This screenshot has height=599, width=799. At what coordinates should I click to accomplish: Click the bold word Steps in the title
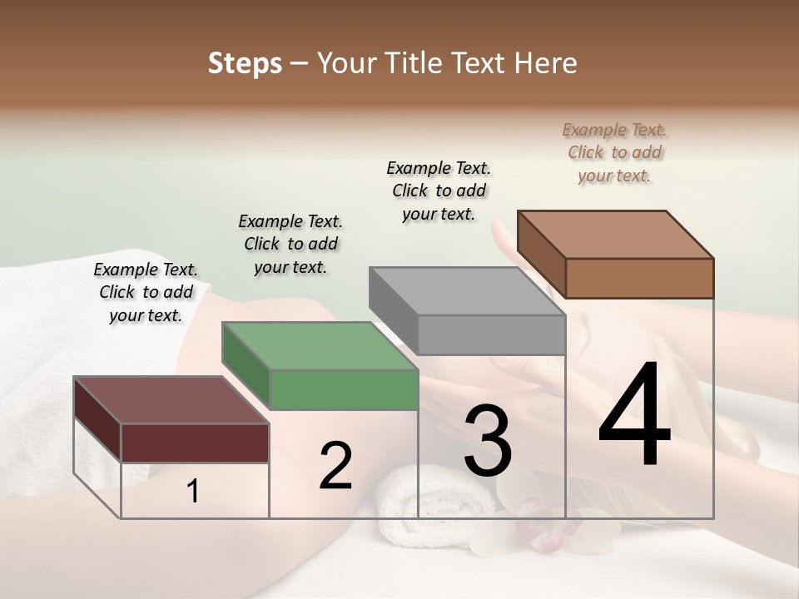tap(245, 63)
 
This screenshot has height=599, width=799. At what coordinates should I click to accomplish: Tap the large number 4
tap(634, 416)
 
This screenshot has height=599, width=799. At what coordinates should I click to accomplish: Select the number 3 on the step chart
tap(488, 442)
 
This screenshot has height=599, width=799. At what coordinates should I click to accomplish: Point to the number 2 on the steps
tap(335, 466)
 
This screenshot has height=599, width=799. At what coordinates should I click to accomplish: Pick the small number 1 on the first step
tap(192, 492)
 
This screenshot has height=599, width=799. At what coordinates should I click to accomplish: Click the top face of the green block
tap(320, 345)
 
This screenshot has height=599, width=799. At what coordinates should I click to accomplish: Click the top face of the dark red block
tap(171, 400)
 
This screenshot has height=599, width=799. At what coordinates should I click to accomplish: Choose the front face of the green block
tap(344, 390)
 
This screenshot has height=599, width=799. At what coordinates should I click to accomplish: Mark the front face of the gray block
tap(491, 335)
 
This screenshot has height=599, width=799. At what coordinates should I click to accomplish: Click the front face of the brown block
tap(639, 278)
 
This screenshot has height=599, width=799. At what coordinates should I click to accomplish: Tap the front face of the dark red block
tap(195, 443)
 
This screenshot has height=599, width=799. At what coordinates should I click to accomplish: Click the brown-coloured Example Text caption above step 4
tap(614, 153)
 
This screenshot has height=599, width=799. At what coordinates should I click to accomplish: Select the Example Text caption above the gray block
tap(439, 191)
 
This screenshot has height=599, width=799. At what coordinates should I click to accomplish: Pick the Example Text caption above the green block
tap(290, 244)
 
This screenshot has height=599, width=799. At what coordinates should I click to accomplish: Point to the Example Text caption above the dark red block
tap(146, 292)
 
